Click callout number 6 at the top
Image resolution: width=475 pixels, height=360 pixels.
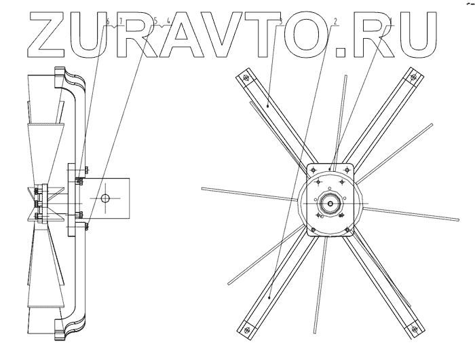[x=108, y=22]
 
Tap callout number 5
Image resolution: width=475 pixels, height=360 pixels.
[x=155, y=22]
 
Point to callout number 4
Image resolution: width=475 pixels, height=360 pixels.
[x=168, y=22]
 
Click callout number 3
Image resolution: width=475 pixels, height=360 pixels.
[x=280, y=22]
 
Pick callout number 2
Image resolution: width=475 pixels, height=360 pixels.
[x=335, y=22]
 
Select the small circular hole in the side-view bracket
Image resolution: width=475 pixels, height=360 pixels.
[x=104, y=198]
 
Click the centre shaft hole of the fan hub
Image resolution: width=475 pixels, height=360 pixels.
[x=330, y=202]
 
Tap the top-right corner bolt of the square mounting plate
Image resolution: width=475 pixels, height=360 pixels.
[x=347, y=169]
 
